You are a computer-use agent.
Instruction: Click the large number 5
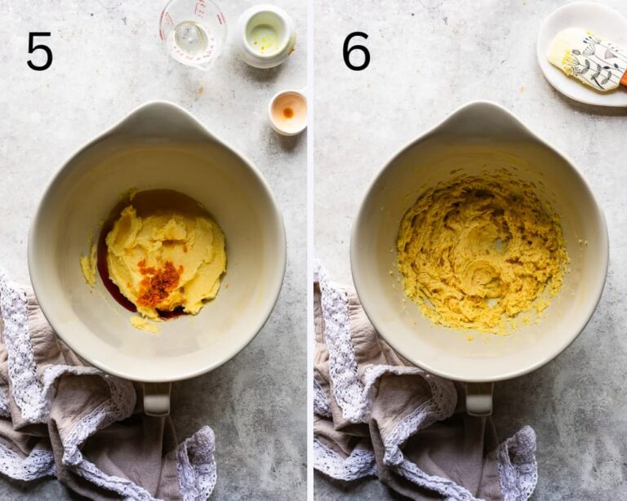coord(39,51)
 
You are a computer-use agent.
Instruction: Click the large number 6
coord(356,51)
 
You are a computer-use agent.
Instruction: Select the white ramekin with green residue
coord(267,37)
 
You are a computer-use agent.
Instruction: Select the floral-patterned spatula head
coord(585,59)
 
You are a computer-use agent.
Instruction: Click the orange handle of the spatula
coord(623,77)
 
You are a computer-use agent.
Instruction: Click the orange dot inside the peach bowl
coord(288,113)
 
